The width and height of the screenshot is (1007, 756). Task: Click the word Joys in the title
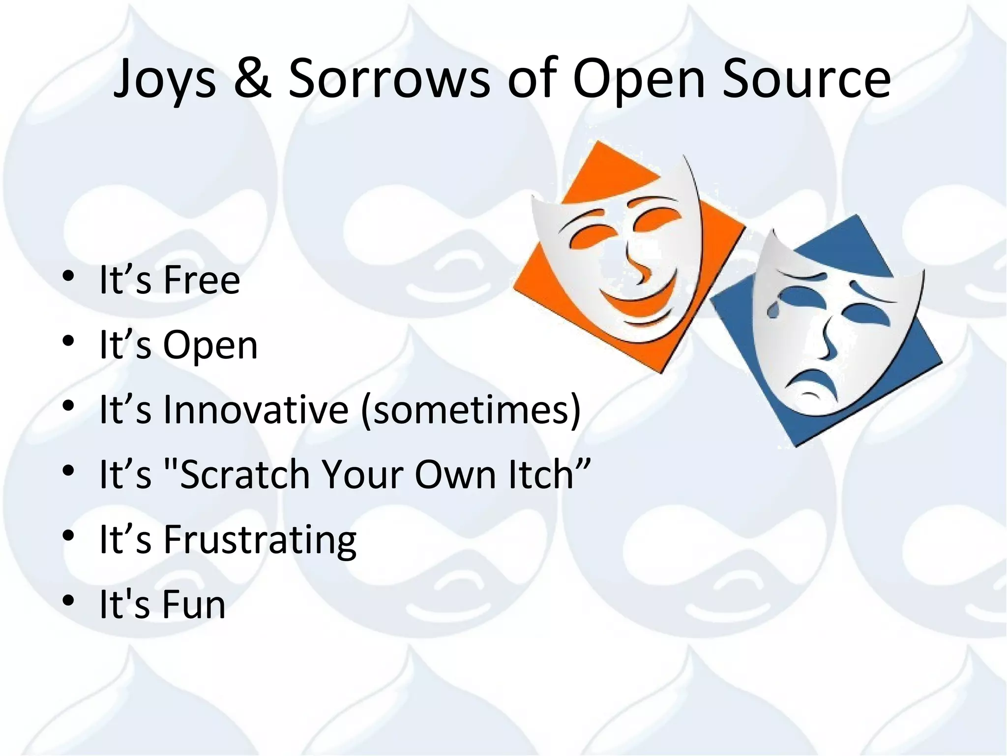pos(165,79)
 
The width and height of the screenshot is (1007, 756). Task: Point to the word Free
pos(202,280)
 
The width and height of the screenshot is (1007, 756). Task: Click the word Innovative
pos(256,409)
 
